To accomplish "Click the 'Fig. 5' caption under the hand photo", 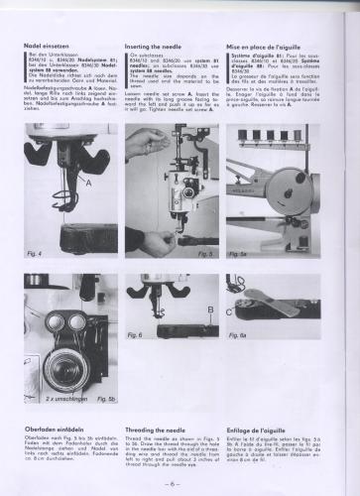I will coord(206,254).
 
